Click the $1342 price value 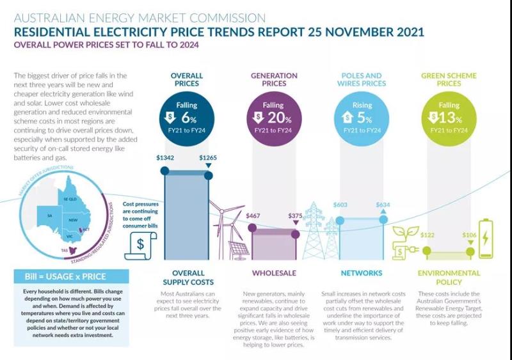(x=166, y=157)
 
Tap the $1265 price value (x=208, y=157)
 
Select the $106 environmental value (x=469, y=236)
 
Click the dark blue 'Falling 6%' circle (x=186, y=116)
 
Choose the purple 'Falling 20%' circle (x=273, y=116)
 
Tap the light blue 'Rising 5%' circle (x=362, y=116)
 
